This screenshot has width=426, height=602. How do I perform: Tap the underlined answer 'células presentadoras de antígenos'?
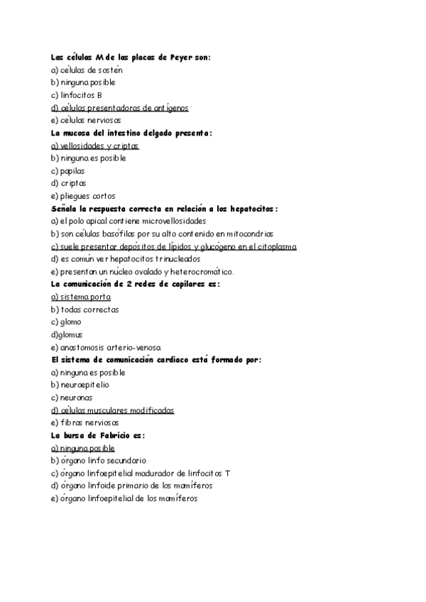click(119, 108)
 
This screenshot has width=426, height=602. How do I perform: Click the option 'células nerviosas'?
click(86, 121)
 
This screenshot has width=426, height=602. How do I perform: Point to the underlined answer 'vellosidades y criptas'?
click(95, 146)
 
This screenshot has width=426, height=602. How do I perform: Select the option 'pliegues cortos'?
click(83, 196)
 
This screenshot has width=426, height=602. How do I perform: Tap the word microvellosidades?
click(171, 221)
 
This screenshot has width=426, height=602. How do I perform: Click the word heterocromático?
click(198, 272)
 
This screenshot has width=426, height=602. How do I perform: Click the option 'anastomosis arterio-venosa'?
click(106, 348)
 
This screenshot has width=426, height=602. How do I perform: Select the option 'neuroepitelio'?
click(79, 385)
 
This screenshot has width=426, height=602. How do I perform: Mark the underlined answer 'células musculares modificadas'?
click(113, 410)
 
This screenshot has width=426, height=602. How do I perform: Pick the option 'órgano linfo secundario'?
click(99, 461)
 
